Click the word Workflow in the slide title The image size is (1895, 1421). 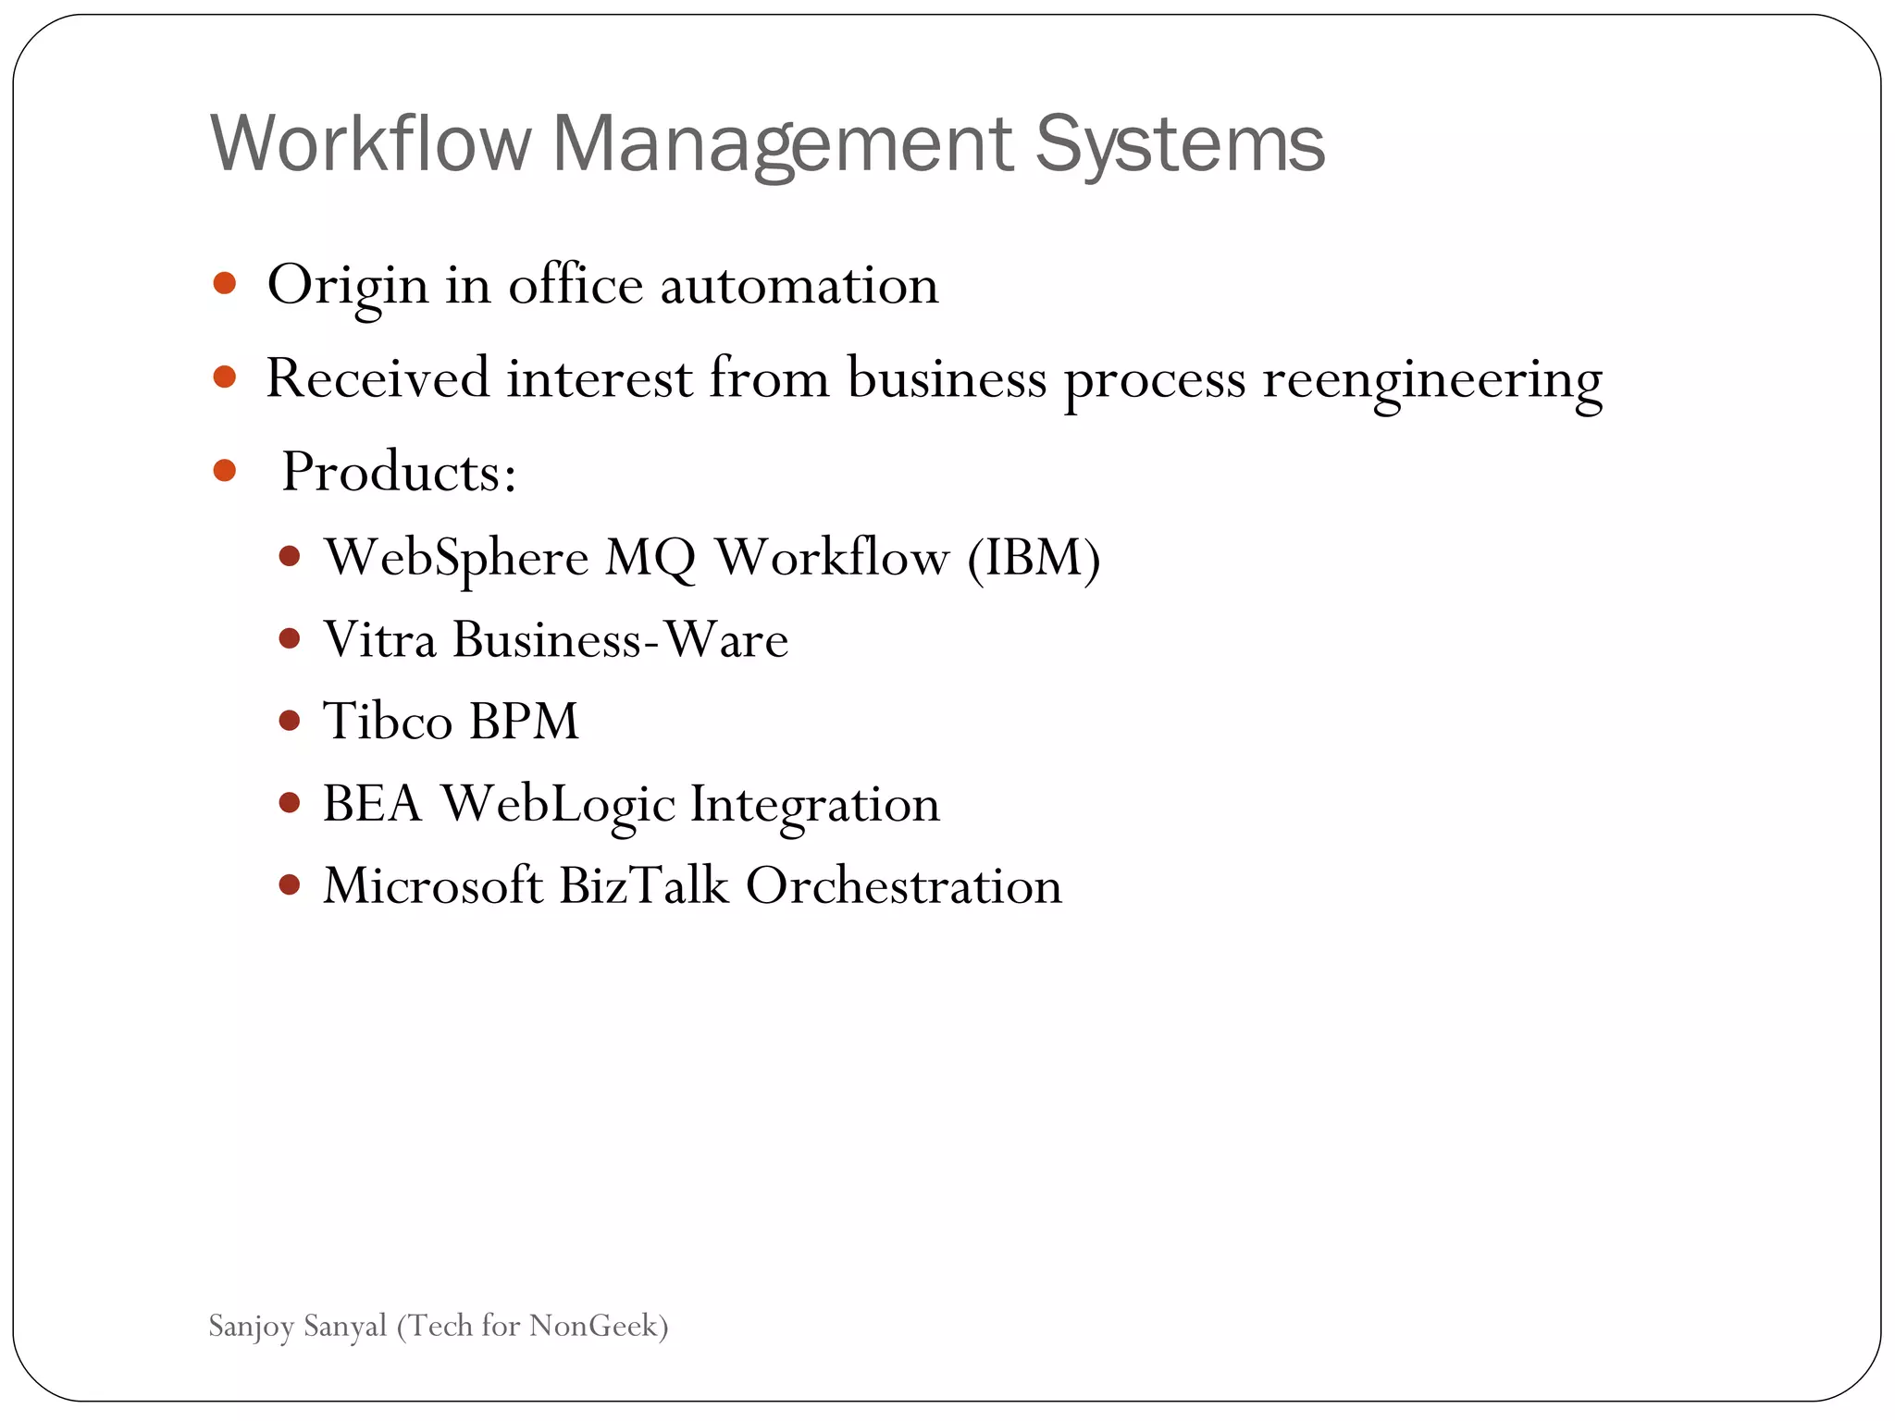coord(370,144)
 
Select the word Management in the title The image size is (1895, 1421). coord(783,146)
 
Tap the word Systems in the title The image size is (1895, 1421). coord(1180,146)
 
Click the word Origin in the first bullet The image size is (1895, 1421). coord(347,286)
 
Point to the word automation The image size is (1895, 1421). coord(799,286)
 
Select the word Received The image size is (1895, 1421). coord(378,378)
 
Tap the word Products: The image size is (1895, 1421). coord(399,473)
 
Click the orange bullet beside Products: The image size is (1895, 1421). coord(225,471)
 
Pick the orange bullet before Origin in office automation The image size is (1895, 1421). coord(225,283)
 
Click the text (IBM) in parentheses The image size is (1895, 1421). coord(1034,558)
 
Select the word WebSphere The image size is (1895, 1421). coord(456,559)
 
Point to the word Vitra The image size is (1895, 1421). coord(379,639)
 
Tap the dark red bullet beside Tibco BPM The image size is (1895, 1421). coord(290,721)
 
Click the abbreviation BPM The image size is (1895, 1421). coord(524,721)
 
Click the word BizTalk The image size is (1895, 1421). coord(644,885)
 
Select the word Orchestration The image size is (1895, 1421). coord(903,885)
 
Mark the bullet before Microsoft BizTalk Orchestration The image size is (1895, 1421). coord(290,885)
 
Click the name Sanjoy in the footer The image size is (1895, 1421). coord(251,1327)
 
